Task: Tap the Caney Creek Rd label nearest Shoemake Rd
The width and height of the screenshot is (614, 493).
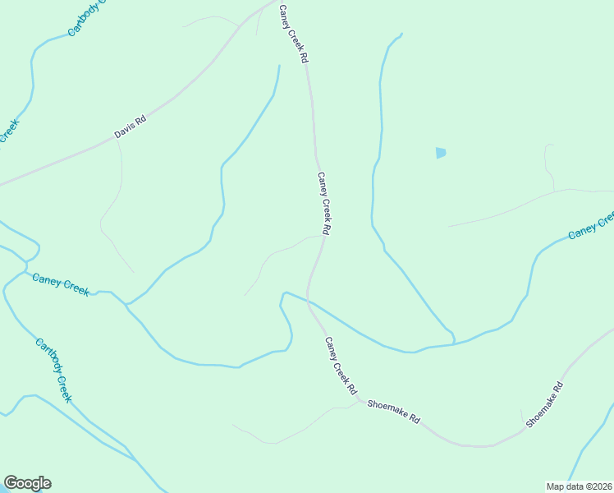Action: (340, 364)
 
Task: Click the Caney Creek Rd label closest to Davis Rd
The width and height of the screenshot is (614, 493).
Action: (293, 35)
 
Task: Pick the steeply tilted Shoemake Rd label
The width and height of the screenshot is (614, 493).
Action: (545, 404)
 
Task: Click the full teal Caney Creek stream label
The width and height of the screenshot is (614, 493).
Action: (60, 284)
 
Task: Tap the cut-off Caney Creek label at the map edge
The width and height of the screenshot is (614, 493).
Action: (591, 226)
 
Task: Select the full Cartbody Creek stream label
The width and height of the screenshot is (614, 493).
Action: (54, 371)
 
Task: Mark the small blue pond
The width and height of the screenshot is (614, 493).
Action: (441, 153)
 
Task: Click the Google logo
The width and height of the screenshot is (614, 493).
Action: (27, 483)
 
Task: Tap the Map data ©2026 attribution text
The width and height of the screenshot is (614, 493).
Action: (579, 486)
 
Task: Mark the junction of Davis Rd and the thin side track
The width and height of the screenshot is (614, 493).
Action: (117, 140)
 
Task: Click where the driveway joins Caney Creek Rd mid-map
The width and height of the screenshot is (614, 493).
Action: (320, 237)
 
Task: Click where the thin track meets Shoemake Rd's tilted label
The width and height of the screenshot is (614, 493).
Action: (523, 425)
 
